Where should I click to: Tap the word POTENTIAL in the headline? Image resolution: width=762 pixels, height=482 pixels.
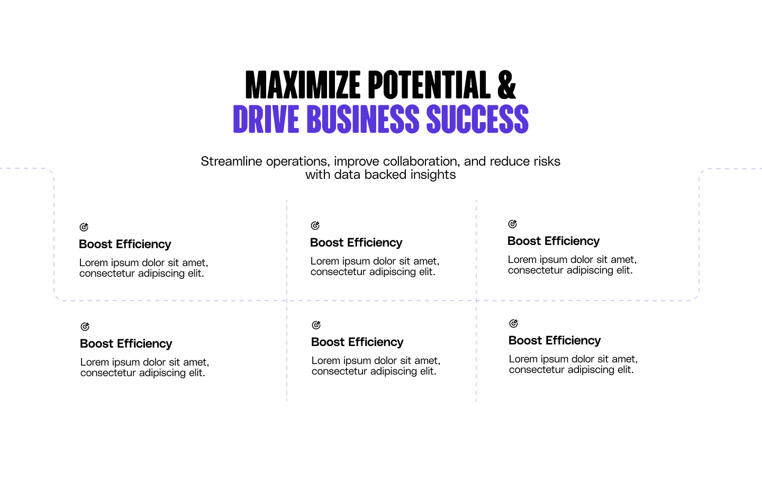tap(429, 85)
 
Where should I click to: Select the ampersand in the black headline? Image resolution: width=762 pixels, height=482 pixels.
tap(506, 85)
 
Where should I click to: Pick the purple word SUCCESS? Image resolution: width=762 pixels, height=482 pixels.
tap(477, 119)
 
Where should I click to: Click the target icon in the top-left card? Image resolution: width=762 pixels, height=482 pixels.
tap(84, 227)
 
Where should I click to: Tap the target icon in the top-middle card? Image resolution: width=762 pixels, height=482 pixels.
tap(315, 225)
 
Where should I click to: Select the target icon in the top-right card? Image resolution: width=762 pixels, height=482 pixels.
tap(512, 224)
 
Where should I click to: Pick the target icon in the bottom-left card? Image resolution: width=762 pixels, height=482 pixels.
tap(85, 326)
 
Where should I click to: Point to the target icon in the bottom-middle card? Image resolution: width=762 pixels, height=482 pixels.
tap(316, 325)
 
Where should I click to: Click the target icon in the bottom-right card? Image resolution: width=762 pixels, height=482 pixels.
tap(513, 323)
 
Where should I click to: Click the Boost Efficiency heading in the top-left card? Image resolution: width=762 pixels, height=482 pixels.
tap(125, 244)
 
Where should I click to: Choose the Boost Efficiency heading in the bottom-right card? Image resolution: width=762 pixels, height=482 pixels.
tap(555, 341)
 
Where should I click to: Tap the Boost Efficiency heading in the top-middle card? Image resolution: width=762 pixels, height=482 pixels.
tap(356, 243)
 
